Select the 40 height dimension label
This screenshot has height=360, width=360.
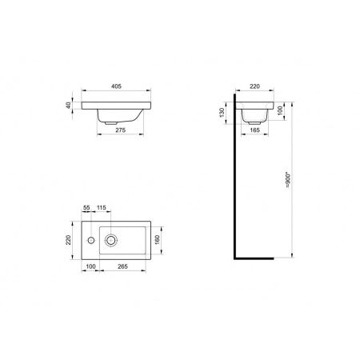[x=70, y=105]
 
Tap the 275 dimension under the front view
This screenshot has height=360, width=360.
[x=120, y=129]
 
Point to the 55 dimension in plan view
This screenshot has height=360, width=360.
[x=87, y=210]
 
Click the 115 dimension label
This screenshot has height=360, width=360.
[x=102, y=210]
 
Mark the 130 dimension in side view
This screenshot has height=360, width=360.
[x=222, y=112]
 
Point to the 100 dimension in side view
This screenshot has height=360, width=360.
[x=281, y=108]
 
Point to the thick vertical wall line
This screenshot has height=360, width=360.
[x=233, y=184]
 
